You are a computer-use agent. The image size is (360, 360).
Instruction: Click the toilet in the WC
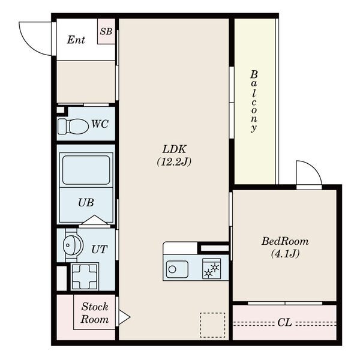coord(73,126)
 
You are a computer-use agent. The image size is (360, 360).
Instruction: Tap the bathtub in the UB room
coord(86,170)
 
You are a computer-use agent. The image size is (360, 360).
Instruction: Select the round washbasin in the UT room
coord(73,245)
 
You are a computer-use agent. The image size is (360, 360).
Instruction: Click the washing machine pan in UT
coord(84,277)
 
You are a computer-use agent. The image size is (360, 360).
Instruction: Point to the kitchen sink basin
coord(177,269)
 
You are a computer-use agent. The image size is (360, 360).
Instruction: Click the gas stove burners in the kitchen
coord(211,269)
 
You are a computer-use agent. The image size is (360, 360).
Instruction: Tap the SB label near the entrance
coord(106,31)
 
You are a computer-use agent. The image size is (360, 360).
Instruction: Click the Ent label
coord(76,40)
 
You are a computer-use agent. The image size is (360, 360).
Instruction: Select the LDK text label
coord(175,149)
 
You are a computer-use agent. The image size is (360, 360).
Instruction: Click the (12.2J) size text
coord(174,162)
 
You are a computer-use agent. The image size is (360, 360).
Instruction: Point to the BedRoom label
coord(285,241)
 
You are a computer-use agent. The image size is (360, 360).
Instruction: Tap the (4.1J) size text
coord(286,254)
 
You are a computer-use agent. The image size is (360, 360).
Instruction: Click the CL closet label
coord(284,322)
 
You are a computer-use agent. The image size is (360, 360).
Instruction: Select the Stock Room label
coord(95,313)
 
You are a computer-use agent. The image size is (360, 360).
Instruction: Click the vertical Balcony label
coord(254,101)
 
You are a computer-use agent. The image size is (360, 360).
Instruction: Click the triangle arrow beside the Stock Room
coord(124,317)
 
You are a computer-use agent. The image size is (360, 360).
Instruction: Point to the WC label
coord(100,124)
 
